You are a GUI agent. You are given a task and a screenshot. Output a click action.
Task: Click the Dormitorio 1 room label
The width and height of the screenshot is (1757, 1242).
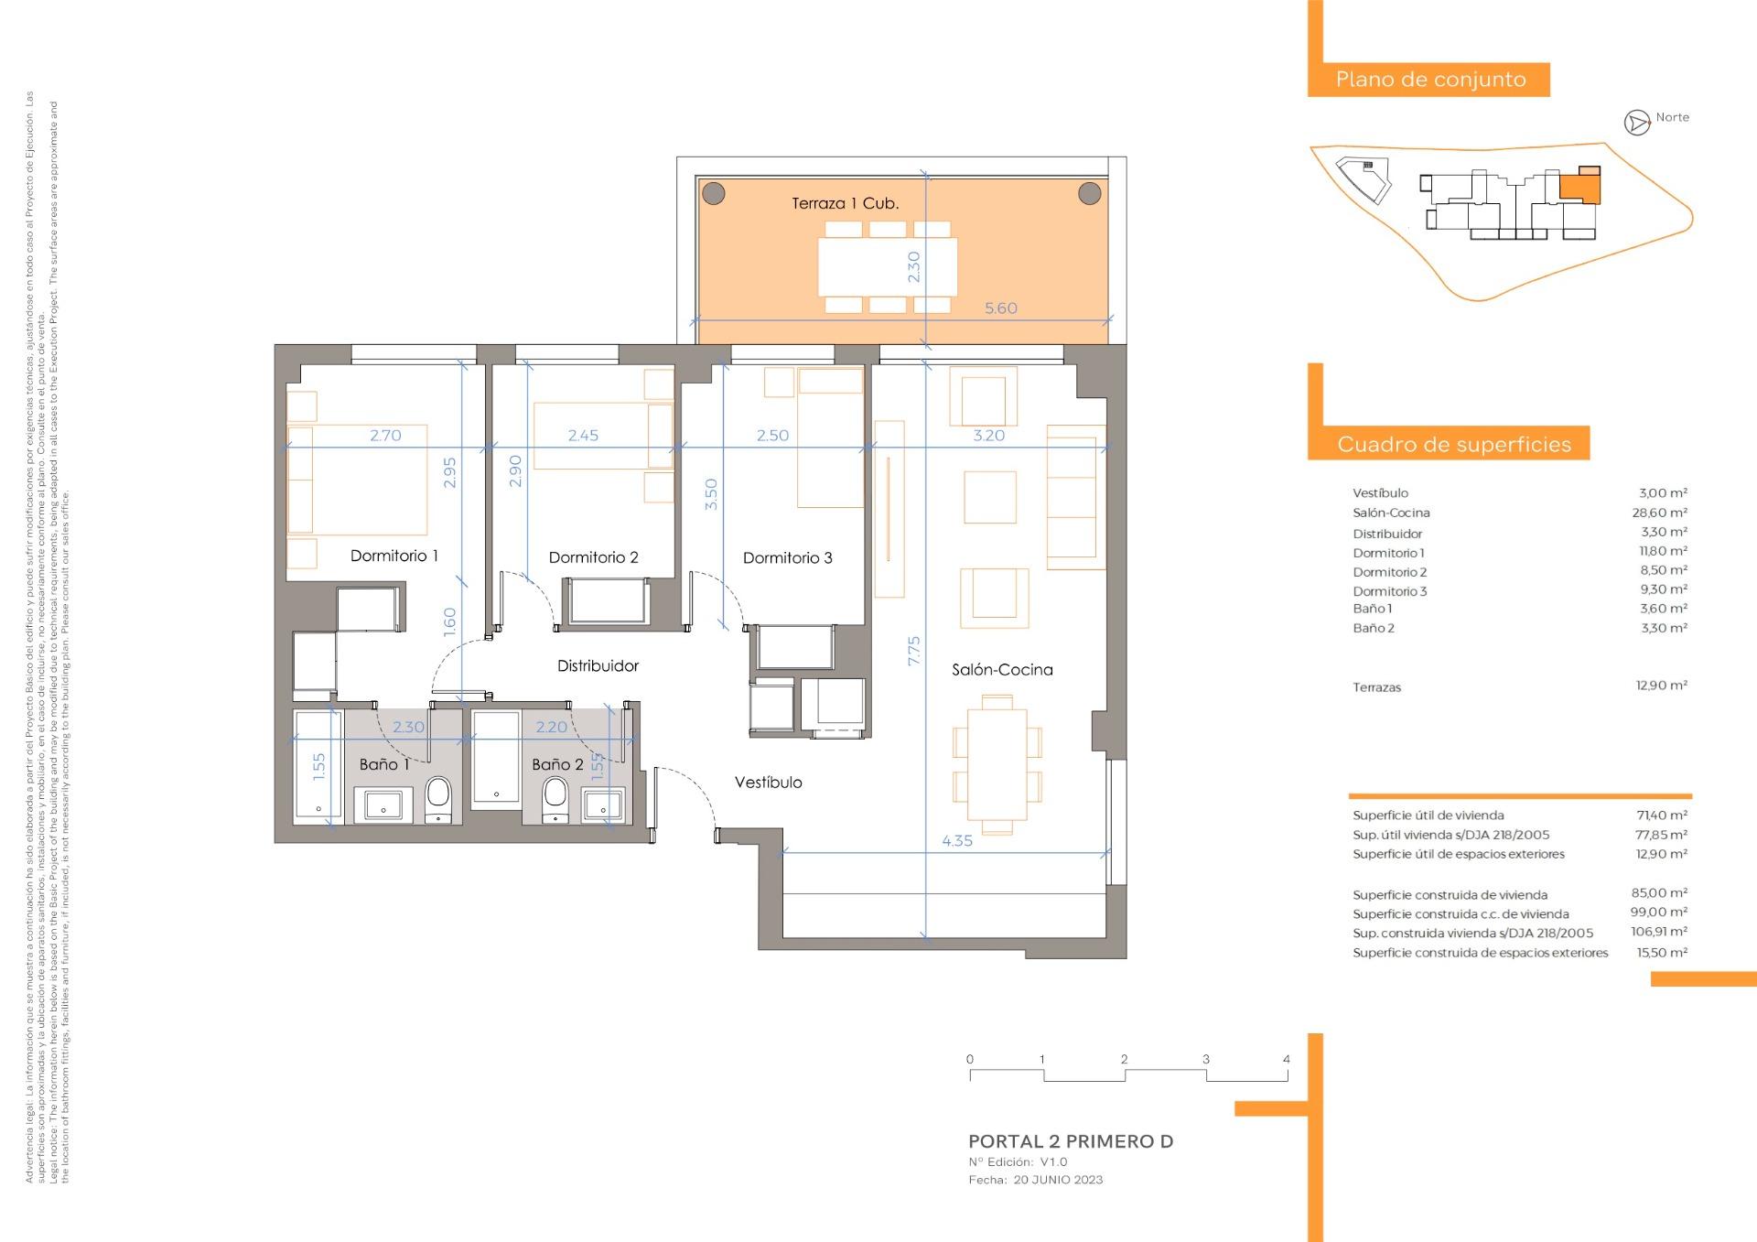point(393,556)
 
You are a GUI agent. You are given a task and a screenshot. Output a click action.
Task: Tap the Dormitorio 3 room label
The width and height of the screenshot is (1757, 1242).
point(787,557)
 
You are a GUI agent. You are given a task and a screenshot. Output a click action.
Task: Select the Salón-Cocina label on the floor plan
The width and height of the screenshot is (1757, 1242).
point(1002,670)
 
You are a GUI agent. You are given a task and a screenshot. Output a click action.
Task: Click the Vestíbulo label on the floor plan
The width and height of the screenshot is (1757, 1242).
point(768,783)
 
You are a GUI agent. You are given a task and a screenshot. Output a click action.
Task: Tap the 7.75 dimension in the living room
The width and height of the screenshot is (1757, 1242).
point(913,650)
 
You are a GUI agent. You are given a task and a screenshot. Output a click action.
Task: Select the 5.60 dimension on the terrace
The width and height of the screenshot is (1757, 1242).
point(1000,308)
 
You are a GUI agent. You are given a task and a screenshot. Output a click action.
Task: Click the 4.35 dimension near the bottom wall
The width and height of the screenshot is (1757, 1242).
point(957,840)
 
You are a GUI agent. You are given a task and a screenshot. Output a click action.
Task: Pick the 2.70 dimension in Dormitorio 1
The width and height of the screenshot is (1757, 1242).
point(385,436)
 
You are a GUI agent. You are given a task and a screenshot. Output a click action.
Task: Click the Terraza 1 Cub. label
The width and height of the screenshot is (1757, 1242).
point(845,203)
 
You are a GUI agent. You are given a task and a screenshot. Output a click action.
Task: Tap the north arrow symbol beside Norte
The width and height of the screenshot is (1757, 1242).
point(1636,122)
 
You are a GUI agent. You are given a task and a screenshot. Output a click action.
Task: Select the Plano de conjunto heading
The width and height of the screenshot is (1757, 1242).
point(1430,80)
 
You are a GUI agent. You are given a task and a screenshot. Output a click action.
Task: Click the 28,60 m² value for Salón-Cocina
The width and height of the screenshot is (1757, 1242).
point(1663,513)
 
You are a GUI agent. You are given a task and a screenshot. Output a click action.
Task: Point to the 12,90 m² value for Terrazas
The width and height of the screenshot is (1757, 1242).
point(1661,685)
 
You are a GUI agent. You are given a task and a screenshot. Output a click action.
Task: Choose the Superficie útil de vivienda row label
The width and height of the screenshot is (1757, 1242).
point(1428,815)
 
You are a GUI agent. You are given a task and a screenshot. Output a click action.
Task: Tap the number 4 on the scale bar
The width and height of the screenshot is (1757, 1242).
point(1286,1059)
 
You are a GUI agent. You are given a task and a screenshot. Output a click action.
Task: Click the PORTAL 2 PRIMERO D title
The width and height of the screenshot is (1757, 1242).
point(1071,1141)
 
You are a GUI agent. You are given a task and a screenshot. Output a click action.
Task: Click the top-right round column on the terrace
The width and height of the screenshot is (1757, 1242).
point(1089,193)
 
